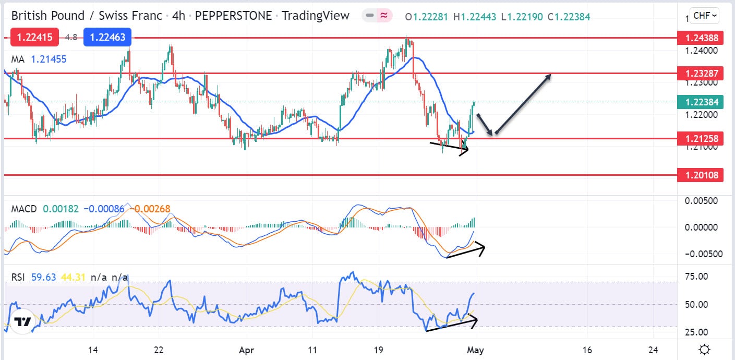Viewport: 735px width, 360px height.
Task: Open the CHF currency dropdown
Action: [704, 16]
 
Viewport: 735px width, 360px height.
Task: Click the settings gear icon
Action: [704, 350]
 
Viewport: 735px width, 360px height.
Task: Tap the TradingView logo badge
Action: [22, 322]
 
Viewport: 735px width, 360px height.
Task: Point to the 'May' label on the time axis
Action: [475, 350]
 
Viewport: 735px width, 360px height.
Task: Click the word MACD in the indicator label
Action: [24, 209]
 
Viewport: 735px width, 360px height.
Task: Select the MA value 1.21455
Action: [49, 59]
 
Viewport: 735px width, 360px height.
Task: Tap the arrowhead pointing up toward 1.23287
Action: [548, 77]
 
